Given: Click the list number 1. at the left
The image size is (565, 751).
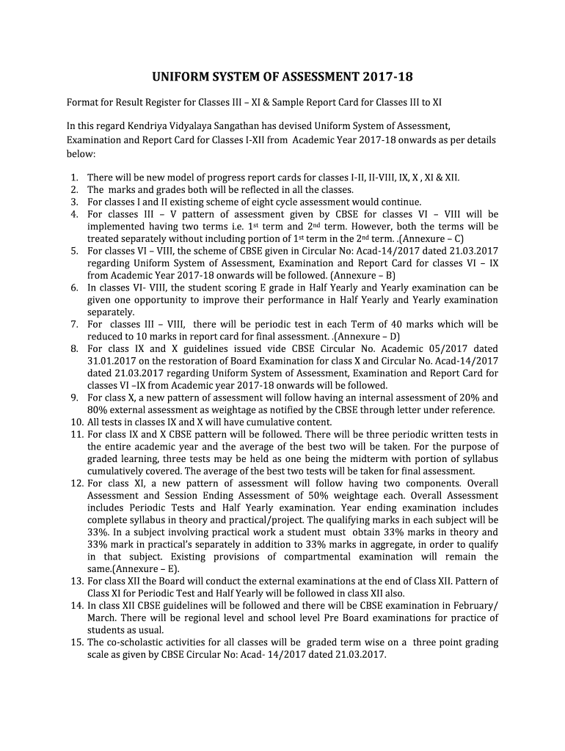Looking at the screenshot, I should (x=74, y=177).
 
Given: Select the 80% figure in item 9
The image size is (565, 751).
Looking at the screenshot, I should (x=98, y=409).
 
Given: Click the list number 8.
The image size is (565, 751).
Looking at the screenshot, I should (x=74, y=348).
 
